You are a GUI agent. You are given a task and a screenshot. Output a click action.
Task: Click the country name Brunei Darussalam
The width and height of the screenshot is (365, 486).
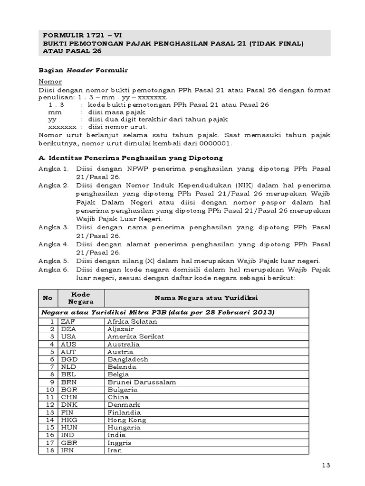pos(142,382)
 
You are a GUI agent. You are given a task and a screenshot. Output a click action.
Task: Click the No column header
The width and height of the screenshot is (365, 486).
pos(48,298)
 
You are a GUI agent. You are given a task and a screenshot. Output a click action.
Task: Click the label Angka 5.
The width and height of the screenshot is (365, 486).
pos(53,261)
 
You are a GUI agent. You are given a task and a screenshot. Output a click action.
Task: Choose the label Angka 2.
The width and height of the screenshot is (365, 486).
pos(53,185)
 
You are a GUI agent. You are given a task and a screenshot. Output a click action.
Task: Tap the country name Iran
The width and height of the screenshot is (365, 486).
pos(115,450)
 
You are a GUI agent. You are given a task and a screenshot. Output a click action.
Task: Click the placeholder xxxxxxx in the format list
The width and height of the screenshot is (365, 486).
pos(63,127)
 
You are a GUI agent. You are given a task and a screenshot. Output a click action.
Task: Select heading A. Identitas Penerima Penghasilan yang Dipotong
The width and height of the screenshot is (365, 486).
pos(130,158)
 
